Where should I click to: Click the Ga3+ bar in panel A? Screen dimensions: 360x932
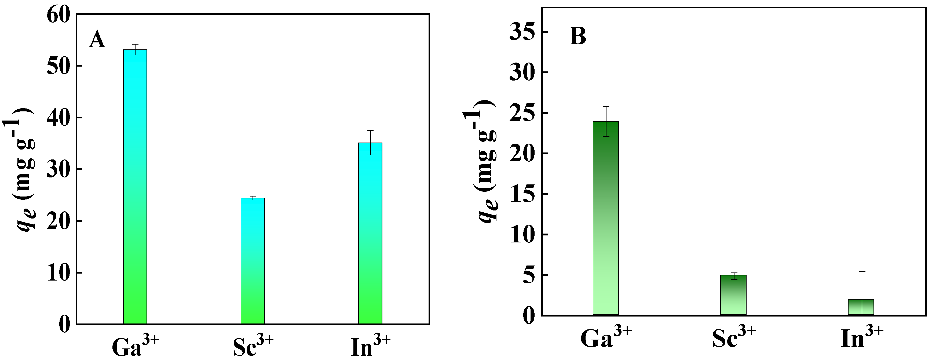135,186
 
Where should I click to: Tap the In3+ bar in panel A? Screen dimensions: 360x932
370,233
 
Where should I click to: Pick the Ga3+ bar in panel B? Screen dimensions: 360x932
606,218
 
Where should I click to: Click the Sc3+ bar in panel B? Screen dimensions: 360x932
733,295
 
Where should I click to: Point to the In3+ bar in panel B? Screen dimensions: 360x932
861,307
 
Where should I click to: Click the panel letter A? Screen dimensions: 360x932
97,39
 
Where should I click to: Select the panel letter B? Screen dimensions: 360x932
578,37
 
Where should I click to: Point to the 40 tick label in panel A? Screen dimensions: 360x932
58,118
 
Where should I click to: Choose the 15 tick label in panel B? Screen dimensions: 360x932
522,194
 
